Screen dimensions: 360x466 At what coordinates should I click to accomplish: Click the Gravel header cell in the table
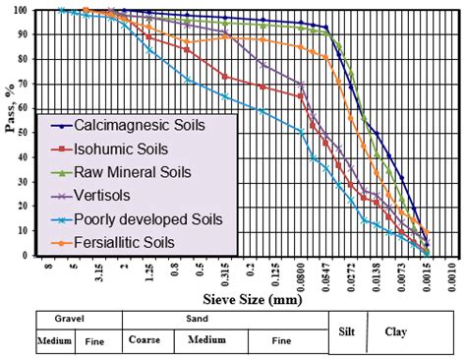tap(77, 319)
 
